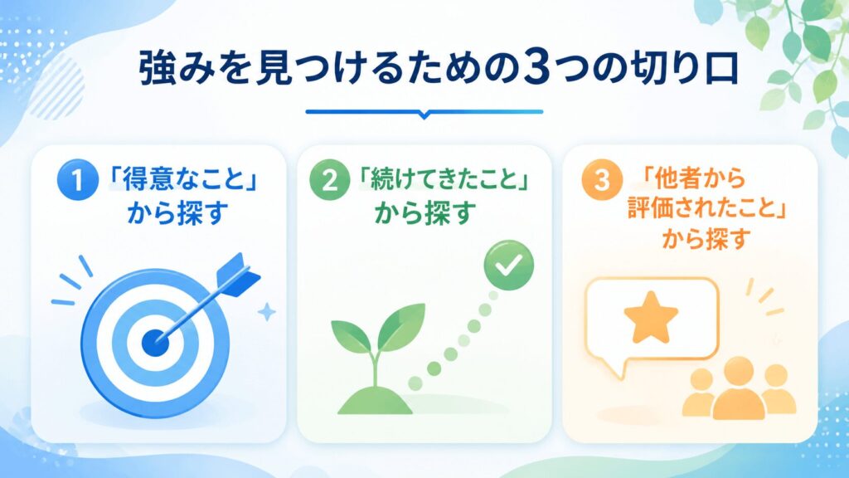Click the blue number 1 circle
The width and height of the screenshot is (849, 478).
pyautogui.click(x=77, y=180)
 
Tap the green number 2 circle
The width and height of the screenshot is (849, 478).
pyautogui.click(x=330, y=180)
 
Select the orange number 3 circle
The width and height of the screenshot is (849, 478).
pyautogui.click(x=602, y=180)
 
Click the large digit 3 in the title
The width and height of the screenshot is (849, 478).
pyautogui.click(x=534, y=70)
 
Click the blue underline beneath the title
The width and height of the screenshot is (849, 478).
pyautogui.click(x=424, y=113)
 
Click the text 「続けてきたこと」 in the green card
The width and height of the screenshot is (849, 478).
pyautogui.click(x=444, y=180)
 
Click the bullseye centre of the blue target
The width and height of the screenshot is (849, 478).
pyautogui.click(x=155, y=343)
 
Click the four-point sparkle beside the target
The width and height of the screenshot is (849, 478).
pyautogui.click(x=266, y=312)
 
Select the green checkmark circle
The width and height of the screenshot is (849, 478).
pyautogui.click(x=508, y=266)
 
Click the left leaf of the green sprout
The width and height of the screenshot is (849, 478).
pyautogui.click(x=351, y=336)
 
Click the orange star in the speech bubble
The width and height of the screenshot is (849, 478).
pyautogui.click(x=651, y=318)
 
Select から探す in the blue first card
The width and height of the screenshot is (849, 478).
pyautogui.click(x=177, y=212)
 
